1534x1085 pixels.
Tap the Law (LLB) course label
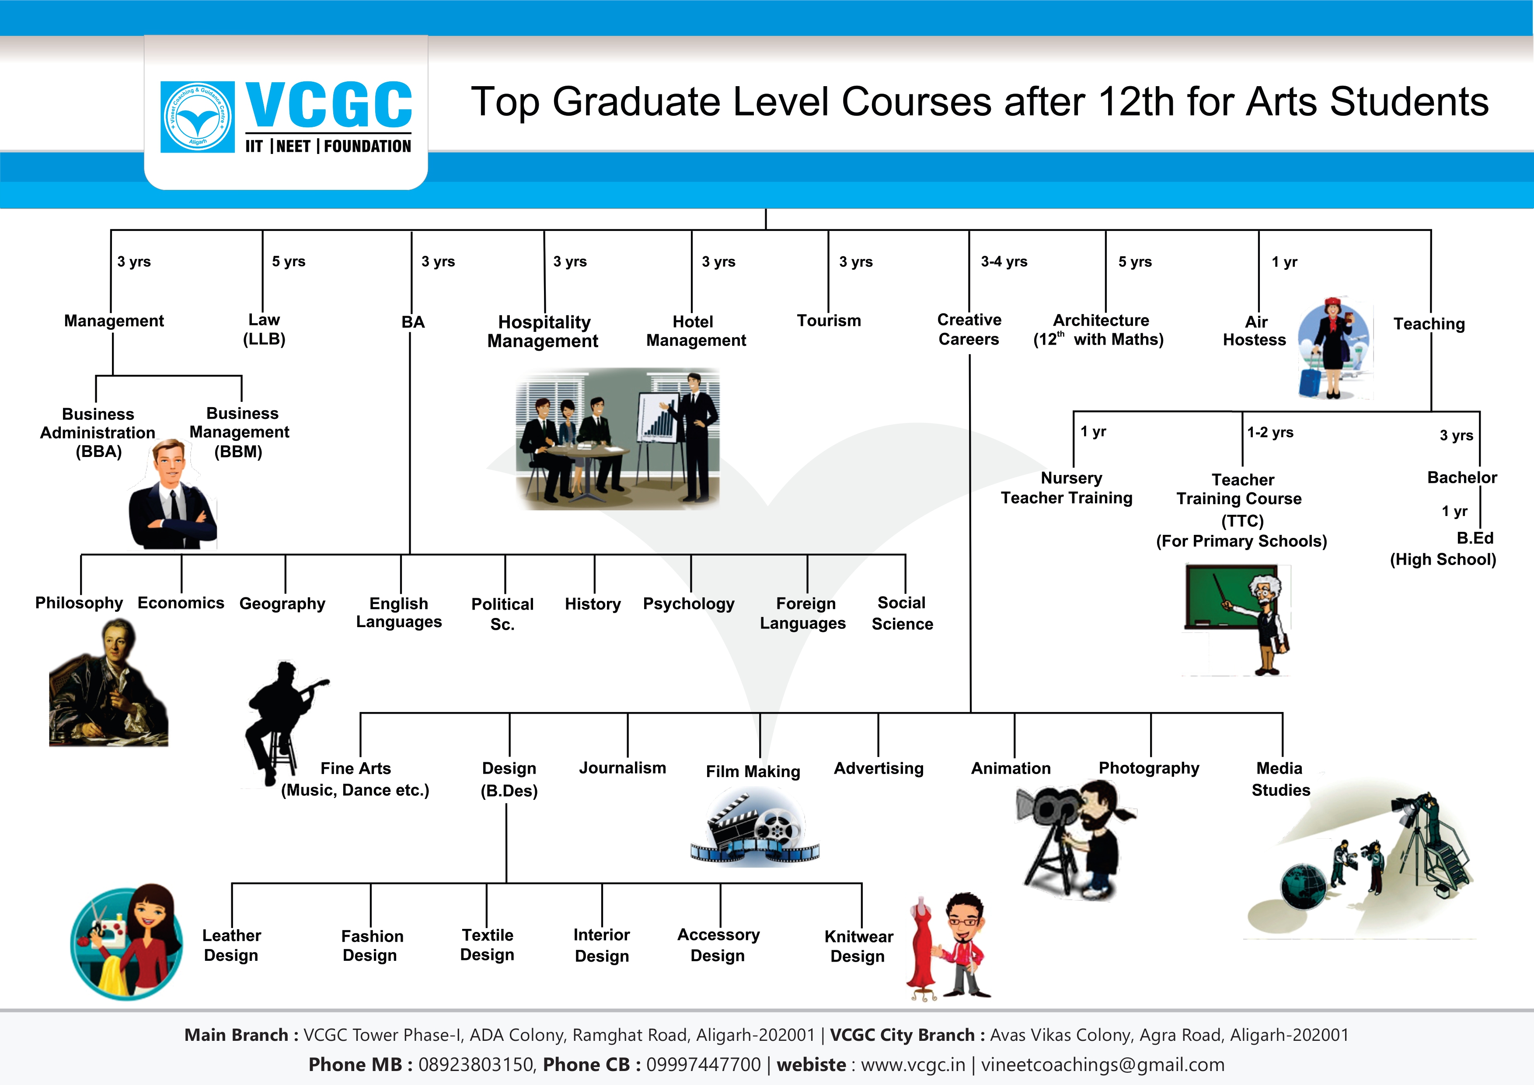coord(264,329)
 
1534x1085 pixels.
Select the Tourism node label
coord(829,321)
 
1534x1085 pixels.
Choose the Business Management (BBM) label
coord(239,432)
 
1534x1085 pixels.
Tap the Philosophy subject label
coord(79,603)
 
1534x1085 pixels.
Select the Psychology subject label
coord(688,604)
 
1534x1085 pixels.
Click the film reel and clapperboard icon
coord(755,827)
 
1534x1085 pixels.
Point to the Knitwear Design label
coord(858,946)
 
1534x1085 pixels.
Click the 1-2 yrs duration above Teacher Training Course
coord(1270,432)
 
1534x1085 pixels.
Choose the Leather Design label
coord(231,945)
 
